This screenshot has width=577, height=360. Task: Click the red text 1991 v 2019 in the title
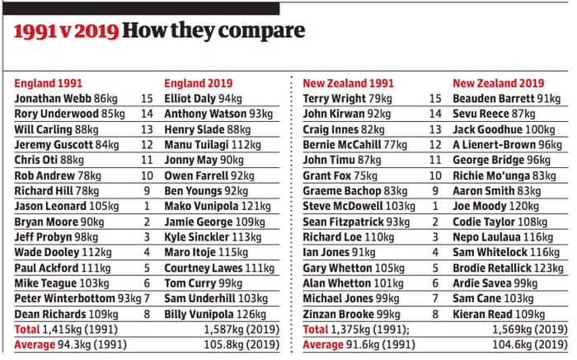point(64,32)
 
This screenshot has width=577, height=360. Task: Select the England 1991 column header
point(48,83)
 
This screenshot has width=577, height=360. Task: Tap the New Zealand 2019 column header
point(499,83)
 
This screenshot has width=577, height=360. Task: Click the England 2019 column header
point(198,83)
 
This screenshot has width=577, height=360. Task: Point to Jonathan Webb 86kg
point(66,98)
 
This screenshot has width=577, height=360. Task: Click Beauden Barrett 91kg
point(507,98)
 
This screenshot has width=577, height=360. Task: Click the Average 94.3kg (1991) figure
point(69,344)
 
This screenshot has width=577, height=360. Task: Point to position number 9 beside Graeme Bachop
point(437,190)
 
